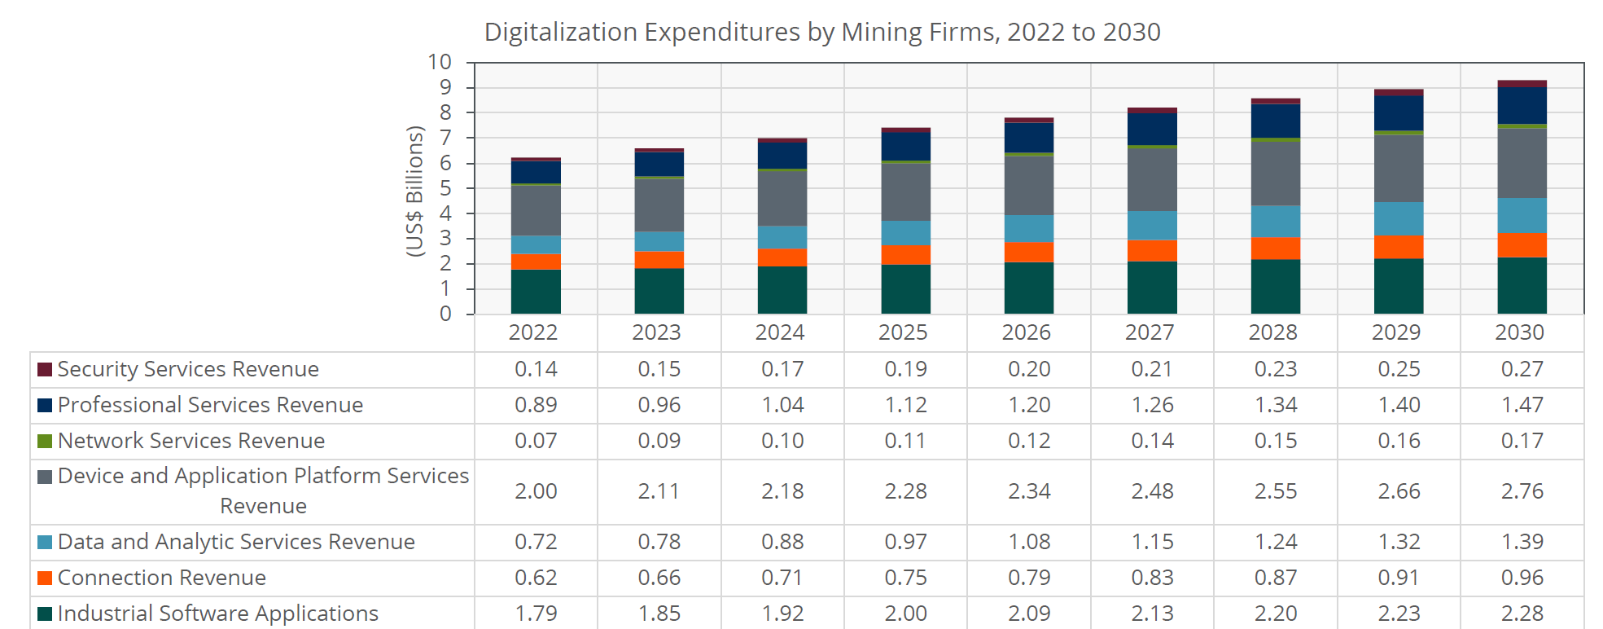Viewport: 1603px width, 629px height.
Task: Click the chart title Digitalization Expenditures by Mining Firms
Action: pos(821,32)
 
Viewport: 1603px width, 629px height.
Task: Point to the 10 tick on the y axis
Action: pos(440,62)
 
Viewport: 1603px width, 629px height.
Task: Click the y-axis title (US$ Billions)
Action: pos(415,191)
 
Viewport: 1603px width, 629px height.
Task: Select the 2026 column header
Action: pos(1026,332)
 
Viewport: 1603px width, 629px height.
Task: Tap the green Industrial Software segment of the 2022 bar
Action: pos(536,291)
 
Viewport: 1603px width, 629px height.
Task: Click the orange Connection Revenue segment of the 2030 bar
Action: pos(1522,244)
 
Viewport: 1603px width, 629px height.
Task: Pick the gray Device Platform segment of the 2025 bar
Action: pos(905,191)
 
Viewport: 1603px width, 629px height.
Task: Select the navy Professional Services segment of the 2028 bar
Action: pos(1275,121)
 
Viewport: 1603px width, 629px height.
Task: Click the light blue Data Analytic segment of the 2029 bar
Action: pos(1398,218)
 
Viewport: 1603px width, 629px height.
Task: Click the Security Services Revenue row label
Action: pos(187,369)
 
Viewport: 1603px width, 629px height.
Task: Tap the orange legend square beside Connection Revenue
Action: pos(45,578)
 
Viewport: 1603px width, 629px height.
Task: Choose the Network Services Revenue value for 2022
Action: pos(536,441)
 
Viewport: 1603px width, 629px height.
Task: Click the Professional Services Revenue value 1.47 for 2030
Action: pos(1522,405)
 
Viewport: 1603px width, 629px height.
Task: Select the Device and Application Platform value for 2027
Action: pos(1152,491)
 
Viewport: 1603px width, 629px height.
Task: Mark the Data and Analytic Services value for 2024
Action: pos(782,542)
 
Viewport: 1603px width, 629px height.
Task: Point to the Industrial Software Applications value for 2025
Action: pos(905,614)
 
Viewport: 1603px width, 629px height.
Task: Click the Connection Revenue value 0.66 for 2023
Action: pos(659,578)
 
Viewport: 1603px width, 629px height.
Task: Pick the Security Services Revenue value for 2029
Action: pos(1398,369)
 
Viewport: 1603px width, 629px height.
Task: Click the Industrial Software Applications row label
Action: pos(217,614)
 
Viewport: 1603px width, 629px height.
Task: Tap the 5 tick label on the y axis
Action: pos(445,188)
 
